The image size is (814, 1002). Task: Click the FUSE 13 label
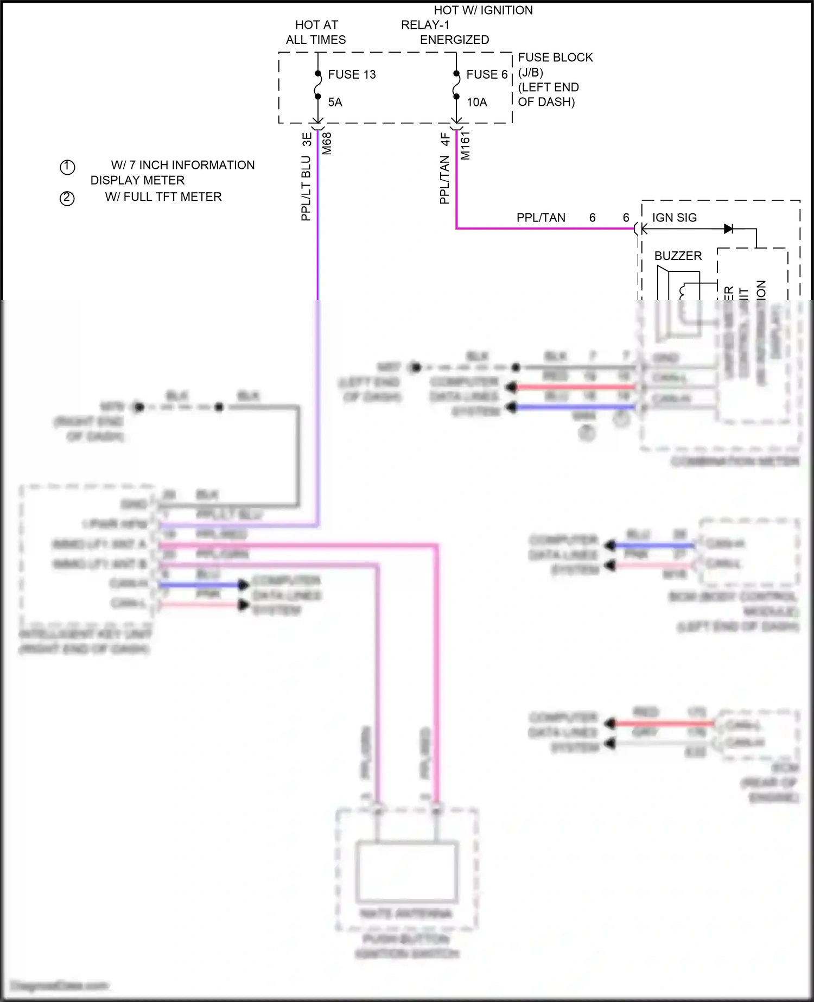coord(352,74)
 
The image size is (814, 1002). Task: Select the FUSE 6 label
coord(487,74)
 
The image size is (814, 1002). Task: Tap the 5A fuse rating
coord(335,102)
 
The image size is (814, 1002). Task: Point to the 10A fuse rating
coord(476,102)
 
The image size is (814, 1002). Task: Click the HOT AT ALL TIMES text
coord(316,32)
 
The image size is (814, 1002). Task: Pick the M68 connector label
coord(327,144)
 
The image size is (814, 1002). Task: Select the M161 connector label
coord(465,145)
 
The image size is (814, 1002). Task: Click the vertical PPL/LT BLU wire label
coord(306,188)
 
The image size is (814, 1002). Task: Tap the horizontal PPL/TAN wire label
coord(540,218)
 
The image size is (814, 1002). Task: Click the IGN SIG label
coord(674,218)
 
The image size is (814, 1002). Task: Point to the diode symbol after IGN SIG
coord(728,229)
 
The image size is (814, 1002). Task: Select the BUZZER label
coord(678,256)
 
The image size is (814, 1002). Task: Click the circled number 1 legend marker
coord(67,167)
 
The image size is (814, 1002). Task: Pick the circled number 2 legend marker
coord(67,198)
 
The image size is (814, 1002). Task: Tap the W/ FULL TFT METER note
coord(163,197)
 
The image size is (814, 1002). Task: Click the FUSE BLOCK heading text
coord(555,58)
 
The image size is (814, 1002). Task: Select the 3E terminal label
coord(307,139)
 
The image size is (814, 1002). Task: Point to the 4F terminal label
coord(445,139)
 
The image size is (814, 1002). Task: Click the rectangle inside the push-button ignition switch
coord(406,871)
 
